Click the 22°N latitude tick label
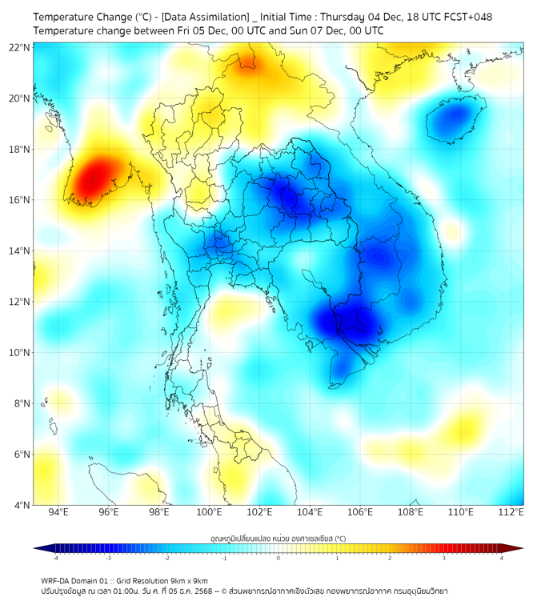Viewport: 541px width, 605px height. pyautogui.click(x=20, y=47)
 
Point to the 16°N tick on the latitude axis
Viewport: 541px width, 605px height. pyautogui.click(x=20, y=200)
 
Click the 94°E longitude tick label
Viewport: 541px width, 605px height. pyautogui.click(x=58, y=512)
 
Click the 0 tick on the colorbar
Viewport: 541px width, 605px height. pyautogui.click(x=278, y=557)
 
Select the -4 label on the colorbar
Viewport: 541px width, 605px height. pyautogui.click(x=54, y=557)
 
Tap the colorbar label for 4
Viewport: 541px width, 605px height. pyautogui.click(x=502, y=557)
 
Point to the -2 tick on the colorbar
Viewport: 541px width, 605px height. pyautogui.click(x=166, y=557)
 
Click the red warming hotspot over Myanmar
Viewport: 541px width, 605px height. pyautogui.click(x=94, y=178)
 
